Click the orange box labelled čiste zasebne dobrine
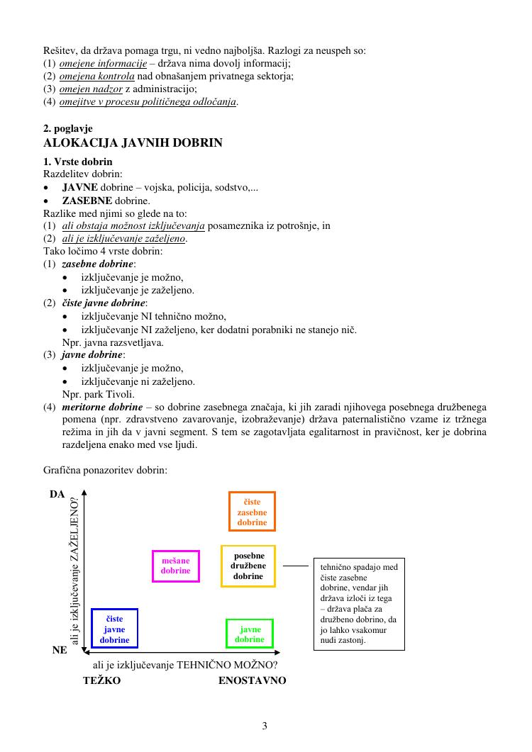(252, 511)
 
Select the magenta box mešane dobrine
(176, 566)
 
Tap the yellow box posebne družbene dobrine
(248, 566)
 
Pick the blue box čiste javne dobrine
(114, 629)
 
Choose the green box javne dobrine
(250, 634)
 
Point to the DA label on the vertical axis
(57, 493)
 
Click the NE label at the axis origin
(60, 649)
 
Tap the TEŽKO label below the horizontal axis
(101, 680)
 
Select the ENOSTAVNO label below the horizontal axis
(252, 680)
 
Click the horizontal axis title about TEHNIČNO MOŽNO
(185, 665)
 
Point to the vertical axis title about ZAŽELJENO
(74, 571)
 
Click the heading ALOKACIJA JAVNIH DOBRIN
(133, 142)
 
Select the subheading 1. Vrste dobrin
(78, 162)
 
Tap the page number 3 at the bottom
(265, 725)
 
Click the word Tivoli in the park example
(121, 394)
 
